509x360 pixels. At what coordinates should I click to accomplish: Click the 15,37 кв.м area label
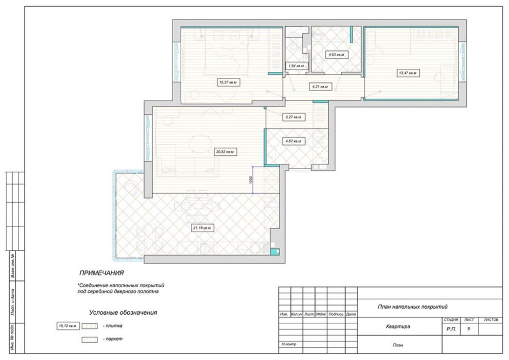[x=229, y=81]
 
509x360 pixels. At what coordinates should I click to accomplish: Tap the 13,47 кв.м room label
[x=408, y=73]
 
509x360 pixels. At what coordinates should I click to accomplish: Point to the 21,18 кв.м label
[x=202, y=228]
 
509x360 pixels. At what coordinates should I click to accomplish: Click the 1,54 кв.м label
[x=296, y=66]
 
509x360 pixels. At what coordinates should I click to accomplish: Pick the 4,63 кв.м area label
[x=336, y=54]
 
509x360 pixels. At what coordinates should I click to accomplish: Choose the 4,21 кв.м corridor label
[x=319, y=87]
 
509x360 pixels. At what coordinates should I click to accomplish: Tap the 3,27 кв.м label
[x=293, y=117]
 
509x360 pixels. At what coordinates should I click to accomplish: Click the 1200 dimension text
[x=250, y=180]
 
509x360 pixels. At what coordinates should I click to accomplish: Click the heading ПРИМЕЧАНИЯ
[x=102, y=273]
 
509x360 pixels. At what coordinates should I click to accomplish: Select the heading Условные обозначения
[x=123, y=312]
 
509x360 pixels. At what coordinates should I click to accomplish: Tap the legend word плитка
[x=112, y=325]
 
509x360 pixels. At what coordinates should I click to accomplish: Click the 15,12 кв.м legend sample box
[x=67, y=325]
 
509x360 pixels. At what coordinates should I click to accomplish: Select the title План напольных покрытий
[x=412, y=307]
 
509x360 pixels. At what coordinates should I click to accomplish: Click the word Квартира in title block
[x=398, y=327]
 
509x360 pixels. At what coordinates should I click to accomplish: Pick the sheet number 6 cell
[x=468, y=329]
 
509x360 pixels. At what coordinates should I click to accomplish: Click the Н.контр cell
[x=289, y=345]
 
